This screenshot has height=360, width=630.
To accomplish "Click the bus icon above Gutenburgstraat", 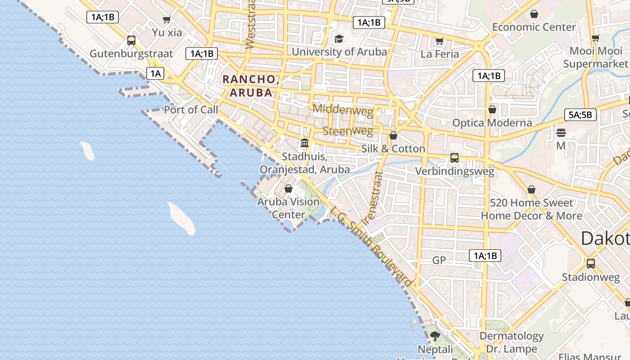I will tap(131, 40).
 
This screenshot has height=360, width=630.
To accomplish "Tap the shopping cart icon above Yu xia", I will tap(167, 19).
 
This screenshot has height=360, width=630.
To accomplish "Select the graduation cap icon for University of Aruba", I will tap(339, 39).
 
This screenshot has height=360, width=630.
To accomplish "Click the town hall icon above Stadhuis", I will tap(305, 143).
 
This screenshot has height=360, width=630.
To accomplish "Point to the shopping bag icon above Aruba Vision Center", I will tap(288, 189).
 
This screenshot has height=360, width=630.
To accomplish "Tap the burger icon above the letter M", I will tap(561, 133).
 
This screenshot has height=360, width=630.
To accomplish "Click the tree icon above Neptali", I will tap(435, 336).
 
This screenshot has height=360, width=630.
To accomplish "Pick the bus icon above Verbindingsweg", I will tap(454, 158).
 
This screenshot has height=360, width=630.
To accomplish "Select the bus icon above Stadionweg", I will tap(591, 264).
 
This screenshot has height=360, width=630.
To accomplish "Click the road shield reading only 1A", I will tap(155, 73).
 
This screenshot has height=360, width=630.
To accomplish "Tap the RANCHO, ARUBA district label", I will tap(251, 86).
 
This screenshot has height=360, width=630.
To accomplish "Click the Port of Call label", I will tap(191, 110).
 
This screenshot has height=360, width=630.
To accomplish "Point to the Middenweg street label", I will tap(343, 109).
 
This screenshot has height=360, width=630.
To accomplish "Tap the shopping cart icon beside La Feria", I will tap(440, 41).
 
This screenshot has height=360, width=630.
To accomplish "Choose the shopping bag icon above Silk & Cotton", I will tap(393, 135).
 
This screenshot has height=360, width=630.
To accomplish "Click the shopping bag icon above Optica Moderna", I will tap(492, 110).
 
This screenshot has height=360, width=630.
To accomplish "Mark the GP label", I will tap(439, 260).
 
